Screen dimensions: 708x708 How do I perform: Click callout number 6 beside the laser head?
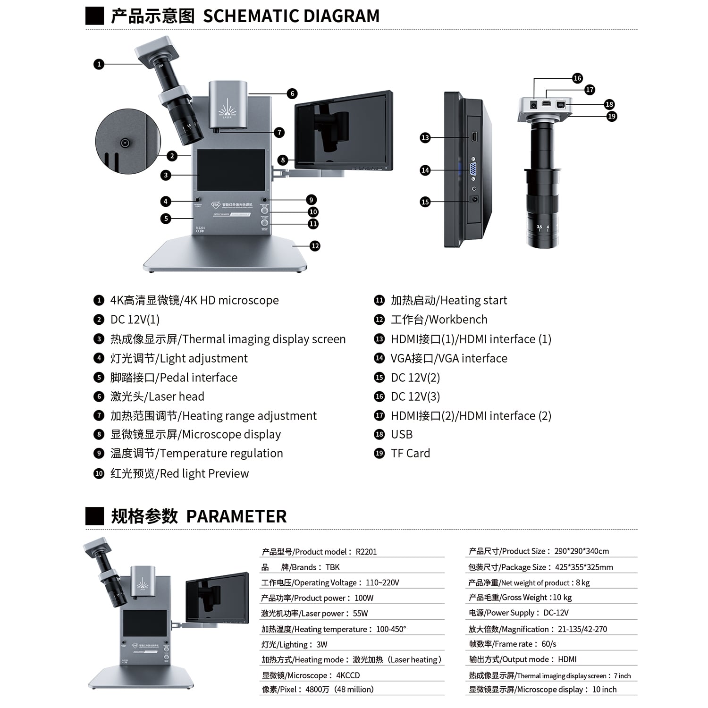(x=292, y=93)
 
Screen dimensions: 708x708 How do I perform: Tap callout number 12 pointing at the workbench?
(x=315, y=246)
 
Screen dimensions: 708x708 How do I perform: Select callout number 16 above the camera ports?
(x=577, y=78)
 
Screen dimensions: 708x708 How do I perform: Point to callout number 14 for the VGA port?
(x=425, y=170)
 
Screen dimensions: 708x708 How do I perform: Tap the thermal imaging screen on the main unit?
(x=231, y=169)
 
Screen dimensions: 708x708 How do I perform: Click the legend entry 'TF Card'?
(x=410, y=454)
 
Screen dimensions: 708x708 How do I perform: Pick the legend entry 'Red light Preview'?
(x=204, y=473)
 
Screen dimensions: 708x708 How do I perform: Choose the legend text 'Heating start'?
(x=473, y=300)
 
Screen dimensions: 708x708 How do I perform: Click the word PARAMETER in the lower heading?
(x=236, y=516)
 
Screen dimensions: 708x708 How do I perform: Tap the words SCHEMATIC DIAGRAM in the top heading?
(x=291, y=16)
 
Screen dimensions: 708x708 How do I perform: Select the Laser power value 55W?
(x=360, y=614)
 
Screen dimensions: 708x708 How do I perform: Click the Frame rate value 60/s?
(x=549, y=644)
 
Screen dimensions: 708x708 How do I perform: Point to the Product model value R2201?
(x=366, y=552)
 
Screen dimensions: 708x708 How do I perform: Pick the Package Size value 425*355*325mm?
(x=583, y=567)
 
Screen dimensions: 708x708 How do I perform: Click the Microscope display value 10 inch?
(x=604, y=690)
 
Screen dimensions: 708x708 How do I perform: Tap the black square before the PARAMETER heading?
(x=94, y=516)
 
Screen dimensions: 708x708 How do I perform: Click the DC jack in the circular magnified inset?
(x=125, y=143)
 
